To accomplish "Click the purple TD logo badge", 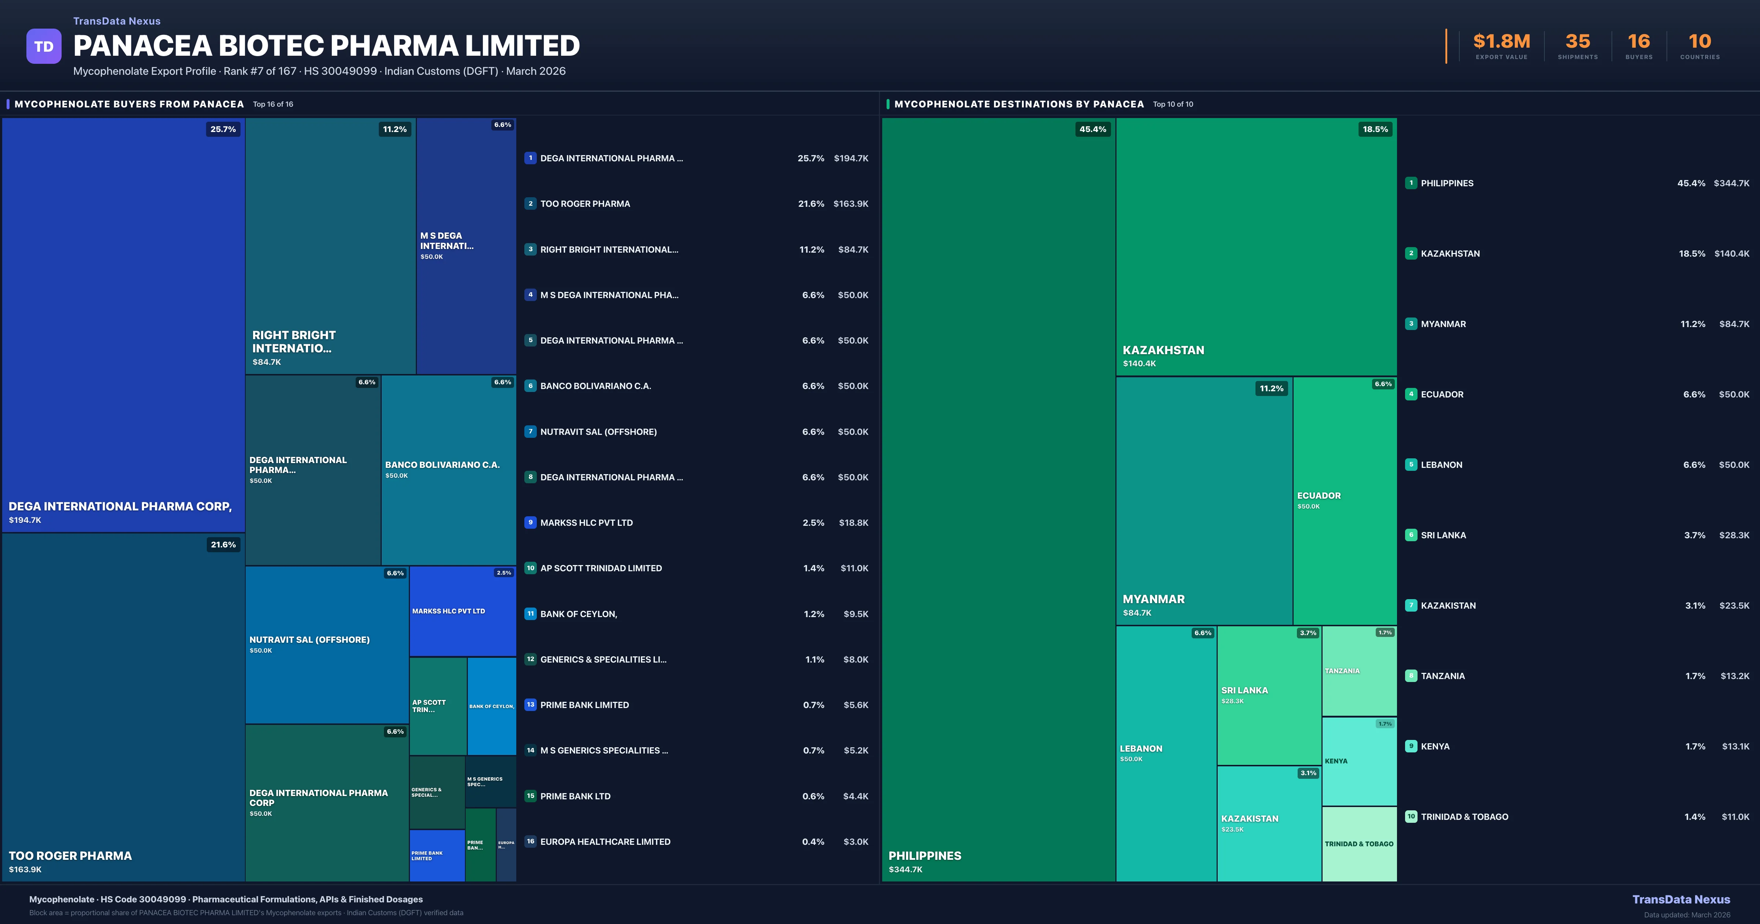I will click(44, 47).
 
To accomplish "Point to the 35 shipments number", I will click(1577, 42).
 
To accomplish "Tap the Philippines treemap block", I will click(998, 499).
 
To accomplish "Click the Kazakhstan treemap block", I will click(1256, 246).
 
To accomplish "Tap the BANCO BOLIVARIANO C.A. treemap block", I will click(448, 470).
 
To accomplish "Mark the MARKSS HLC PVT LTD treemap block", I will click(462, 611).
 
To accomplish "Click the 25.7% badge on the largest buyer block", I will click(223, 129).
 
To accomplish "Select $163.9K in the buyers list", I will click(851, 203).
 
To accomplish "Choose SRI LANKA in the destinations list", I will click(1443, 535).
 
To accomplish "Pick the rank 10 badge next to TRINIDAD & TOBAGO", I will click(1411, 817).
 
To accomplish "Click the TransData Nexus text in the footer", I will click(1681, 899).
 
